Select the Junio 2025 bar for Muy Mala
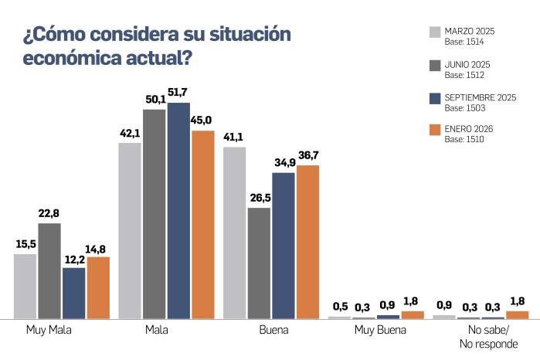click(49, 270)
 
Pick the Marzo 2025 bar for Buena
click(234, 233)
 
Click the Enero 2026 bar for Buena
click(307, 242)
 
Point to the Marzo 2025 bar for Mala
click(130, 230)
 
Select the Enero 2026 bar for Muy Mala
click(98, 287)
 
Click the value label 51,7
click(178, 93)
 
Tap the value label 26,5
click(259, 199)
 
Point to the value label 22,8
click(49, 214)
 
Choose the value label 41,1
click(234, 138)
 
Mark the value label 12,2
click(74, 258)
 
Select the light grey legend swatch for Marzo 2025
click(434, 32)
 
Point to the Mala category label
click(155, 331)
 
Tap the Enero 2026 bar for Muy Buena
click(413, 314)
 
